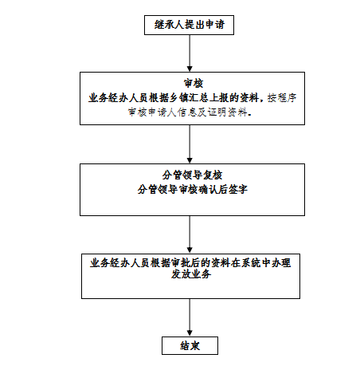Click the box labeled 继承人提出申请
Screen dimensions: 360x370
[x=189, y=25]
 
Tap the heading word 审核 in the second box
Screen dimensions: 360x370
[x=194, y=84]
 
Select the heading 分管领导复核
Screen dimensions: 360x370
[x=192, y=175]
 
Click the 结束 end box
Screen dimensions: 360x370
[x=190, y=345]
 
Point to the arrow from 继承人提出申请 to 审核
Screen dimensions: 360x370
[x=190, y=53]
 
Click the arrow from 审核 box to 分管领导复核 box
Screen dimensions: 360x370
[x=190, y=144]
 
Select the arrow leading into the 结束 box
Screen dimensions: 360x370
[x=190, y=317]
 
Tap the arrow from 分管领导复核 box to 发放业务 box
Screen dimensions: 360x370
[x=190, y=234]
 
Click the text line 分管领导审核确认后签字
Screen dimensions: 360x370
[x=192, y=190]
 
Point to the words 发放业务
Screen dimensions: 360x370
[x=191, y=274]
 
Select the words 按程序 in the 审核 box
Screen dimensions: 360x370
[x=282, y=98]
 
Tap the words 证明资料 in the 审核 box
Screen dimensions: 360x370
[x=227, y=112]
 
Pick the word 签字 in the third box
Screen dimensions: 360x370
[x=237, y=190]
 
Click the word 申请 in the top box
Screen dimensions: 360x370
[x=215, y=25]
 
